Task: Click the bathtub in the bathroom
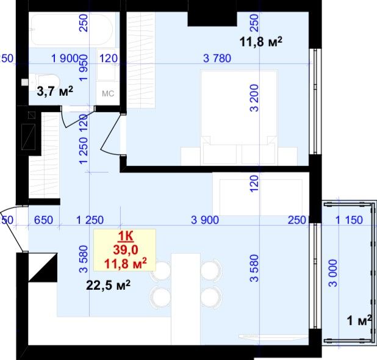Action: (x=71, y=29)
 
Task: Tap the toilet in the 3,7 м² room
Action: (x=44, y=82)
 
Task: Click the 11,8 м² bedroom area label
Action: (x=261, y=42)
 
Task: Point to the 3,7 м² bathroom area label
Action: (x=55, y=92)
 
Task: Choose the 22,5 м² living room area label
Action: (x=108, y=285)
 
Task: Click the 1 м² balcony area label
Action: (x=359, y=320)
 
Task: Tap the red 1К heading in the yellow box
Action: (x=125, y=237)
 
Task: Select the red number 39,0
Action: (x=126, y=250)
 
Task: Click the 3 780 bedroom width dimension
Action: (x=217, y=58)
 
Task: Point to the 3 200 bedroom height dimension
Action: (x=254, y=98)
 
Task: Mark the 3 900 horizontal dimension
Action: (x=205, y=220)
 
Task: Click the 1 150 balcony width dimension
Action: (x=349, y=220)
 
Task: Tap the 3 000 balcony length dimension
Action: (x=333, y=273)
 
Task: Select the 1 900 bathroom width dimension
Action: (x=65, y=58)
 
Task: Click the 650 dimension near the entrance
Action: (x=43, y=220)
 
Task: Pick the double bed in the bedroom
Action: (x=239, y=118)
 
